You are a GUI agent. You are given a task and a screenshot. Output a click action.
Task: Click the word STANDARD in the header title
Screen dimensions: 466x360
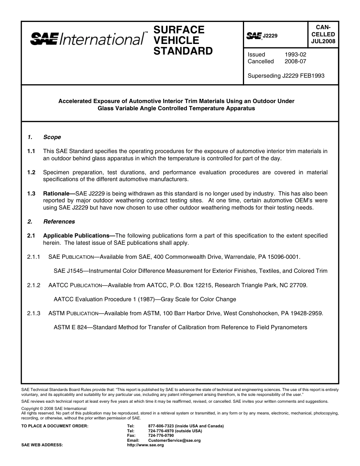pos(183,51)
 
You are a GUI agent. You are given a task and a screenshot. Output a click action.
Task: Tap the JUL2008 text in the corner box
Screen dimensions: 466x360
pos(323,42)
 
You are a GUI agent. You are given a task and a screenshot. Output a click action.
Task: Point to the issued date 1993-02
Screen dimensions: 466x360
pos(295,55)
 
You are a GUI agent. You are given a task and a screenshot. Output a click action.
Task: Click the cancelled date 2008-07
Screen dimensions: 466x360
pos(295,61)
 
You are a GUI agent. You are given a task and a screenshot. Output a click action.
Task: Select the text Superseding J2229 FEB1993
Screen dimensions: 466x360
pos(286,76)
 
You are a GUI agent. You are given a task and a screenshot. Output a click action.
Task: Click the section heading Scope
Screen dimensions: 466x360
pos(52,137)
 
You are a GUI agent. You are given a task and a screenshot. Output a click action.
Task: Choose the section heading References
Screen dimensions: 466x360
pos(59,222)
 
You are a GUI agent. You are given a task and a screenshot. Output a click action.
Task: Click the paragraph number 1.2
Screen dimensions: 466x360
pos(31,172)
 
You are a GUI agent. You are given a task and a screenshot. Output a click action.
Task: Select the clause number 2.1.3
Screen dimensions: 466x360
pos(34,313)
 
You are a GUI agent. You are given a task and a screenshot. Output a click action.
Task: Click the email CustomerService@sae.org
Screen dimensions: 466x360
pos(174,441)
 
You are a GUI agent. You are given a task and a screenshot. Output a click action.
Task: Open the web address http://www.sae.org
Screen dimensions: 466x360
pos(145,445)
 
